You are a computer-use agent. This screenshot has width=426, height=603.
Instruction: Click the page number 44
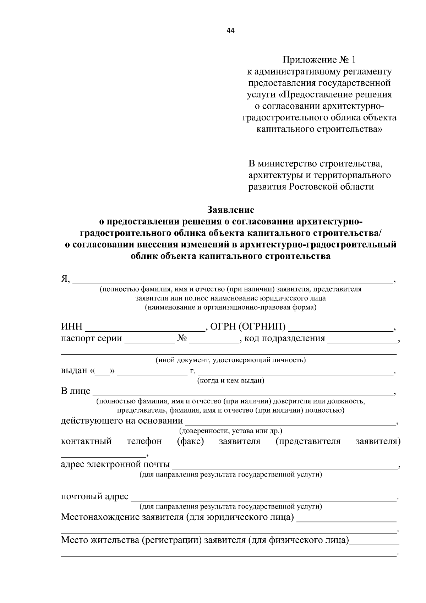230,31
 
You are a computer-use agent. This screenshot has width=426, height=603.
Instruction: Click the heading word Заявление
230,210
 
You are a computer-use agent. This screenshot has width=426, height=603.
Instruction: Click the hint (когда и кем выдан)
230,381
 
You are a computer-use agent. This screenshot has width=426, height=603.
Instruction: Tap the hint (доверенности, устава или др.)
230,431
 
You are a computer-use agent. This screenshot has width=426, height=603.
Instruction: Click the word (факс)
190,441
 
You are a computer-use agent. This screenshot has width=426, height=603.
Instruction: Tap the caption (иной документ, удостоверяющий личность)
230,360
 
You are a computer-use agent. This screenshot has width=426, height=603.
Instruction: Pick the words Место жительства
100,540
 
